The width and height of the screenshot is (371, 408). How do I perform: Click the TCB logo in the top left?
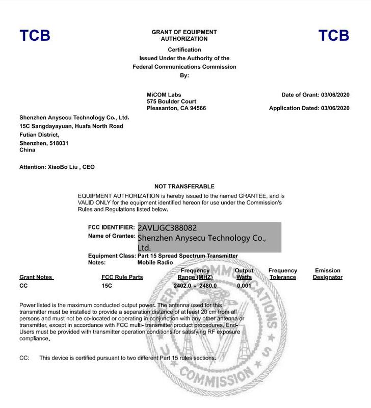[35, 35]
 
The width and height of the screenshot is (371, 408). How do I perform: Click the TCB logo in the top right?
[334, 35]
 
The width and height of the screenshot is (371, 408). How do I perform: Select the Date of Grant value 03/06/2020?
[335, 95]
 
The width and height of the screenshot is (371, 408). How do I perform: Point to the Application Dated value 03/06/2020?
[335, 108]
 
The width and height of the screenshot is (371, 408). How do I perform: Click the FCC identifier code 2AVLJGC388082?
[167, 227]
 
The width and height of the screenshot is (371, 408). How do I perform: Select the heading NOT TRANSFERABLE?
[184, 187]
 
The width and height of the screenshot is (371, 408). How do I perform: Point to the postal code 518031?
[58, 143]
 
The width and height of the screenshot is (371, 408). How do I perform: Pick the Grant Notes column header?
[36, 277]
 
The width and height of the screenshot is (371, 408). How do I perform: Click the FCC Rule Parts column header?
[122, 277]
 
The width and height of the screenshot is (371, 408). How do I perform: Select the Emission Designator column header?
[328, 274]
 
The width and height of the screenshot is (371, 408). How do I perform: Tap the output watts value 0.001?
[244, 286]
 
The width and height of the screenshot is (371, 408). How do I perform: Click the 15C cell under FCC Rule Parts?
[107, 286]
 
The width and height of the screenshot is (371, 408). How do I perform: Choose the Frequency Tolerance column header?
[283, 274]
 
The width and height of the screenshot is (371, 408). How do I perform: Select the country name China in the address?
[27, 150]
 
